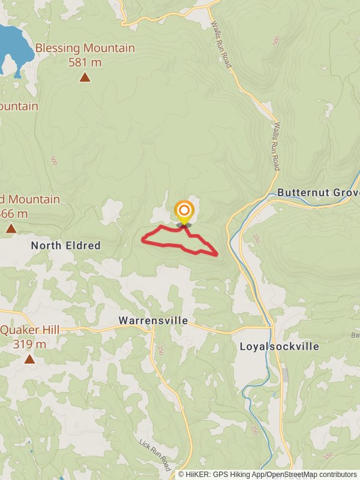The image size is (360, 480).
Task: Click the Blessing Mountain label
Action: point(85,48)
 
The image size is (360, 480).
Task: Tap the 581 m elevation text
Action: point(85,62)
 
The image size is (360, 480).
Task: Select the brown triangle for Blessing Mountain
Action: point(85,77)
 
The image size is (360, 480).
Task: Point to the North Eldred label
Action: point(65,245)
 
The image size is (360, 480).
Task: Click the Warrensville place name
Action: point(153,320)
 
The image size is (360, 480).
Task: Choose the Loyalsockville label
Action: point(280,346)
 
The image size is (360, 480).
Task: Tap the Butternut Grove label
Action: point(318,193)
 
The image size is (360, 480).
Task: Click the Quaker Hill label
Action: point(30,330)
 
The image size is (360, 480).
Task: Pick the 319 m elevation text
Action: point(29,344)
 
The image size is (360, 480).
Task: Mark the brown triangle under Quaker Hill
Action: point(29,359)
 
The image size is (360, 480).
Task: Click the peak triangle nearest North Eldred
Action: point(11,229)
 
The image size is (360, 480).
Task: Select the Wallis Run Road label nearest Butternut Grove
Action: point(276,146)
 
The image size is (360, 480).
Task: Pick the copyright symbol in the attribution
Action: point(181,474)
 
